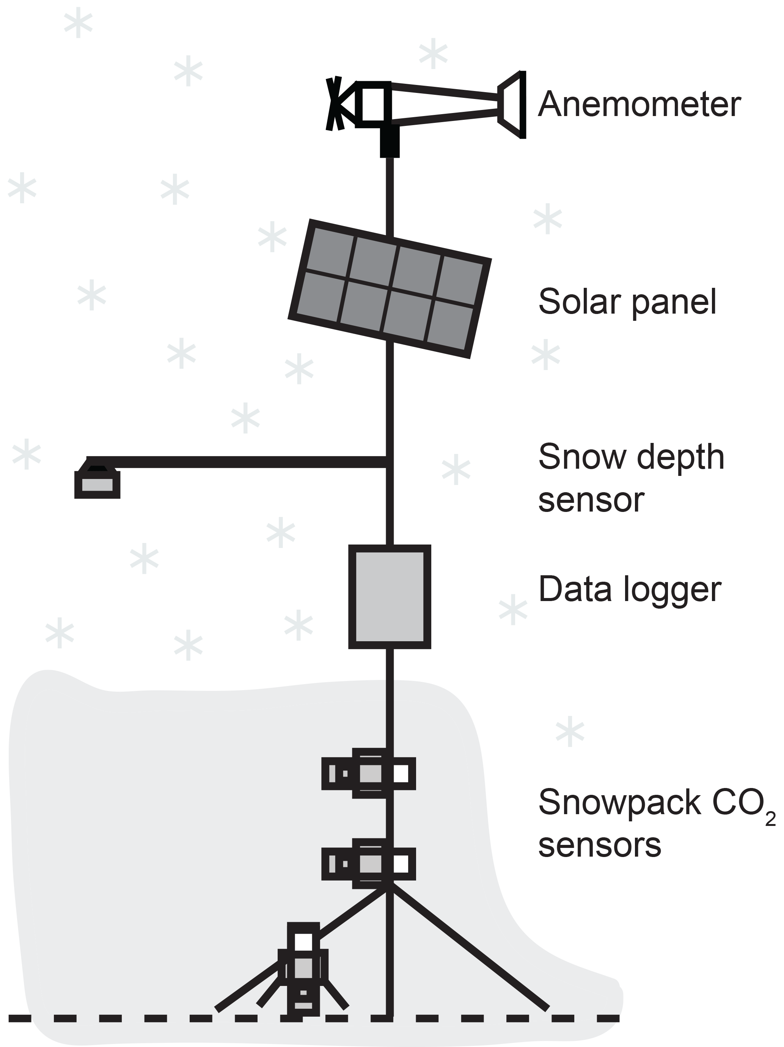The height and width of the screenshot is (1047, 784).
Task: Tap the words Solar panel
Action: (627, 301)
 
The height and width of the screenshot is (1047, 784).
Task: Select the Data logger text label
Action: (630, 590)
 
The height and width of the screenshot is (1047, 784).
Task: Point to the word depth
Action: (680, 458)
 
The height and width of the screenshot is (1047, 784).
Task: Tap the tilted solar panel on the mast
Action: (389, 288)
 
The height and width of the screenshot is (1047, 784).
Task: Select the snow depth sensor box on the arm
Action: (97, 484)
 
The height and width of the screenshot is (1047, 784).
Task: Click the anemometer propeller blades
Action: (334, 104)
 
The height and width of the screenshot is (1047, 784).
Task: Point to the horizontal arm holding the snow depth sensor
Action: (237, 461)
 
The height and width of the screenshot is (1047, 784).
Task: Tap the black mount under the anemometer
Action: (390, 141)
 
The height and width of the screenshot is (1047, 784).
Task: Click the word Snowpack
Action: (619, 802)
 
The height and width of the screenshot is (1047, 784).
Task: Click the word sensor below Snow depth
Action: (591, 500)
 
